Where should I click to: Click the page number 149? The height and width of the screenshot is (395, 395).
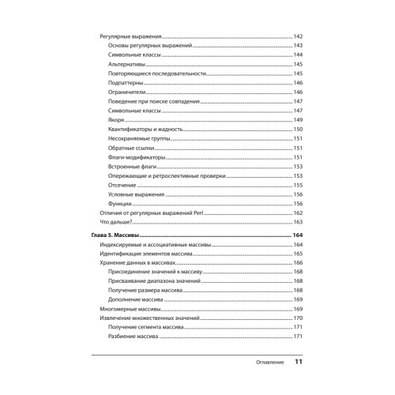coord(298,120)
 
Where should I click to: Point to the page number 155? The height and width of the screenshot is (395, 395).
coord(298,185)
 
